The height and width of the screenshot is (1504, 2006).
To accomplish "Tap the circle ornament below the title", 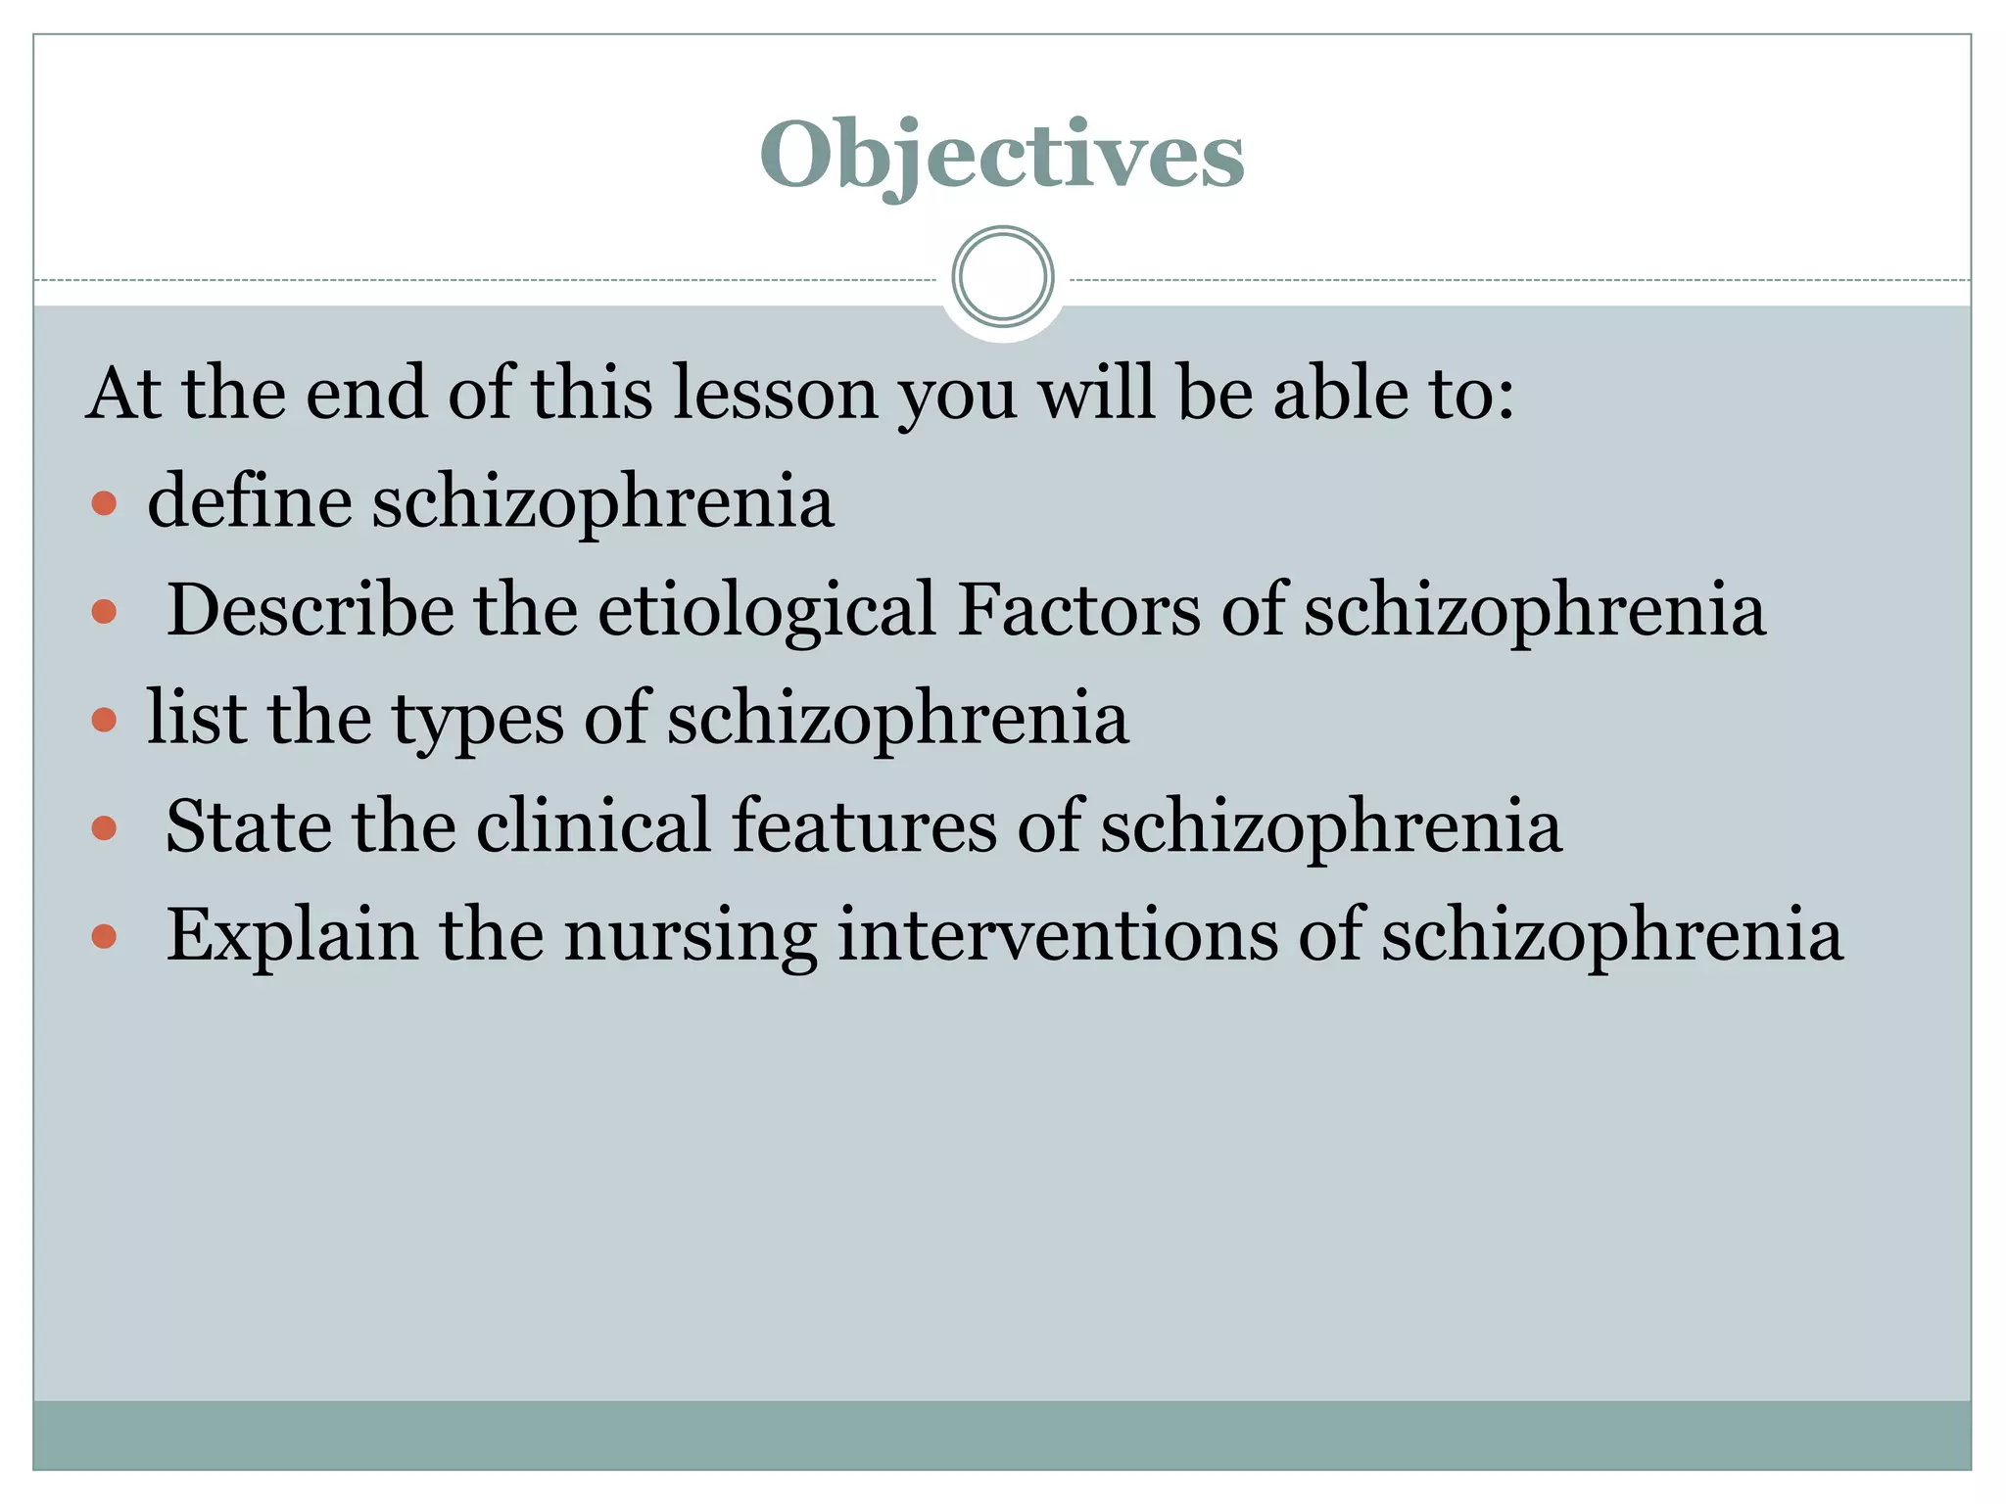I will point(1002,277).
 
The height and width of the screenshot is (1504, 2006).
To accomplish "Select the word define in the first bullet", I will point(249,500).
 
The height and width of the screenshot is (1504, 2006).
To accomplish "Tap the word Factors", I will point(1078,609).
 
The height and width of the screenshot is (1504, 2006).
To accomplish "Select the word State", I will point(248,826).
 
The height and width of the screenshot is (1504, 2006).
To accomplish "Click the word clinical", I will point(593,826).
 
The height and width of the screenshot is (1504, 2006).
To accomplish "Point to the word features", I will point(863,826).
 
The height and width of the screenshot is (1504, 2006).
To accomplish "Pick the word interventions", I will point(1058,934).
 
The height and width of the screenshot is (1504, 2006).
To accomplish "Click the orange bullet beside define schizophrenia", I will point(104,504).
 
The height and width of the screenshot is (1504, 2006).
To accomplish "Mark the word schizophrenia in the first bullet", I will point(602,502).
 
